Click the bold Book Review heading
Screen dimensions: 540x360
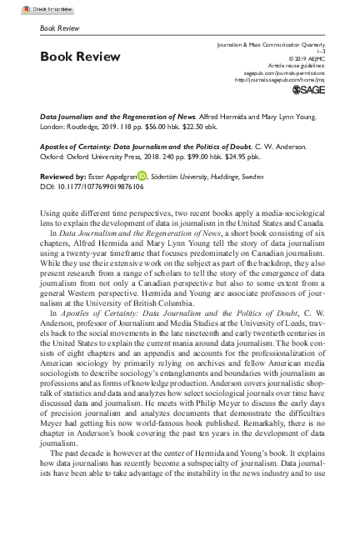click(x=80, y=57)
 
